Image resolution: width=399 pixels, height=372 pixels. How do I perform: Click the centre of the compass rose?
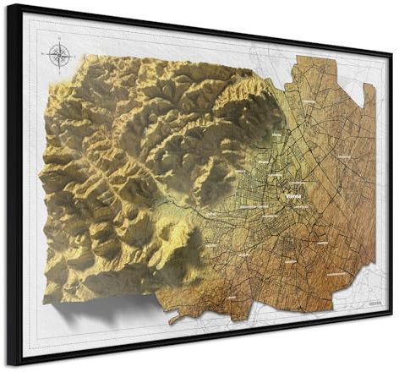tap(59, 56)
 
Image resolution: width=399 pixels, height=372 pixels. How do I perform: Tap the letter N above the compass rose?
tap(59, 43)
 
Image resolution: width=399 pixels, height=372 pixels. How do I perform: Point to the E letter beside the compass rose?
tap(72, 56)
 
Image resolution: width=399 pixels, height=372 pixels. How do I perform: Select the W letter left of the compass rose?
tap(46, 56)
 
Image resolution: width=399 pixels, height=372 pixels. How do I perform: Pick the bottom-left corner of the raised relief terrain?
tap(44, 301)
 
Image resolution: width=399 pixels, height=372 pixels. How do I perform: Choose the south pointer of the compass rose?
tap(59, 68)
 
